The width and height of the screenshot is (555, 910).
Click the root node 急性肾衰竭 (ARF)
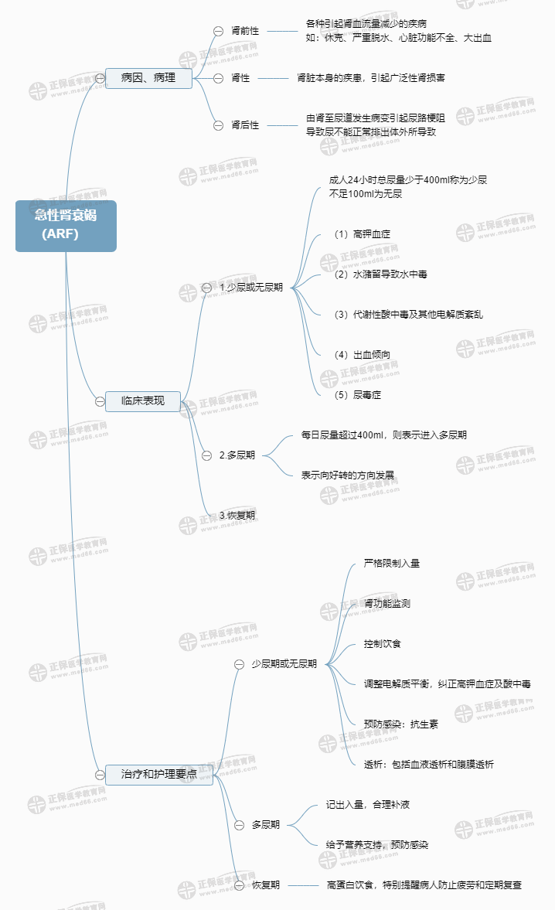coord(66,225)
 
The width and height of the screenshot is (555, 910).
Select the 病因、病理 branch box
coord(148,77)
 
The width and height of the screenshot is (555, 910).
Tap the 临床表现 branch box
coord(144,401)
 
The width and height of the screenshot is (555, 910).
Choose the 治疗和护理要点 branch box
coord(159,774)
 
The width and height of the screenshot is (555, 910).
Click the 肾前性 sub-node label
coord(245,31)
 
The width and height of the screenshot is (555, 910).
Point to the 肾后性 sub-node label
coord(245,124)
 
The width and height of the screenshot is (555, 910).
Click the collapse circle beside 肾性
coord(218,78)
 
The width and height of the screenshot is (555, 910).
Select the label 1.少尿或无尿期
coord(251,287)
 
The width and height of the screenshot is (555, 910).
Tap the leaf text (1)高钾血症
coord(356,233)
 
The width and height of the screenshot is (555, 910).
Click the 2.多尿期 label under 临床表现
coord(237,455)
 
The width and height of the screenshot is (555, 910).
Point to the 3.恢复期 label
coord(237,515)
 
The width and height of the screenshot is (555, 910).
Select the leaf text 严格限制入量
coord(392,564)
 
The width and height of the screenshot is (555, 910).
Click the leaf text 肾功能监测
coord(387,603)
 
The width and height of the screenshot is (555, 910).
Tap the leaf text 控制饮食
coord(383,644)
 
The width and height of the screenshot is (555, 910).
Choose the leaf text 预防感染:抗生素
coord(401,724)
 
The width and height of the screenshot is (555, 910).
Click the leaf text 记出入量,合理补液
coord(368,805)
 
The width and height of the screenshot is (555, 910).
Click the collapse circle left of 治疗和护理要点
coord(100,774)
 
